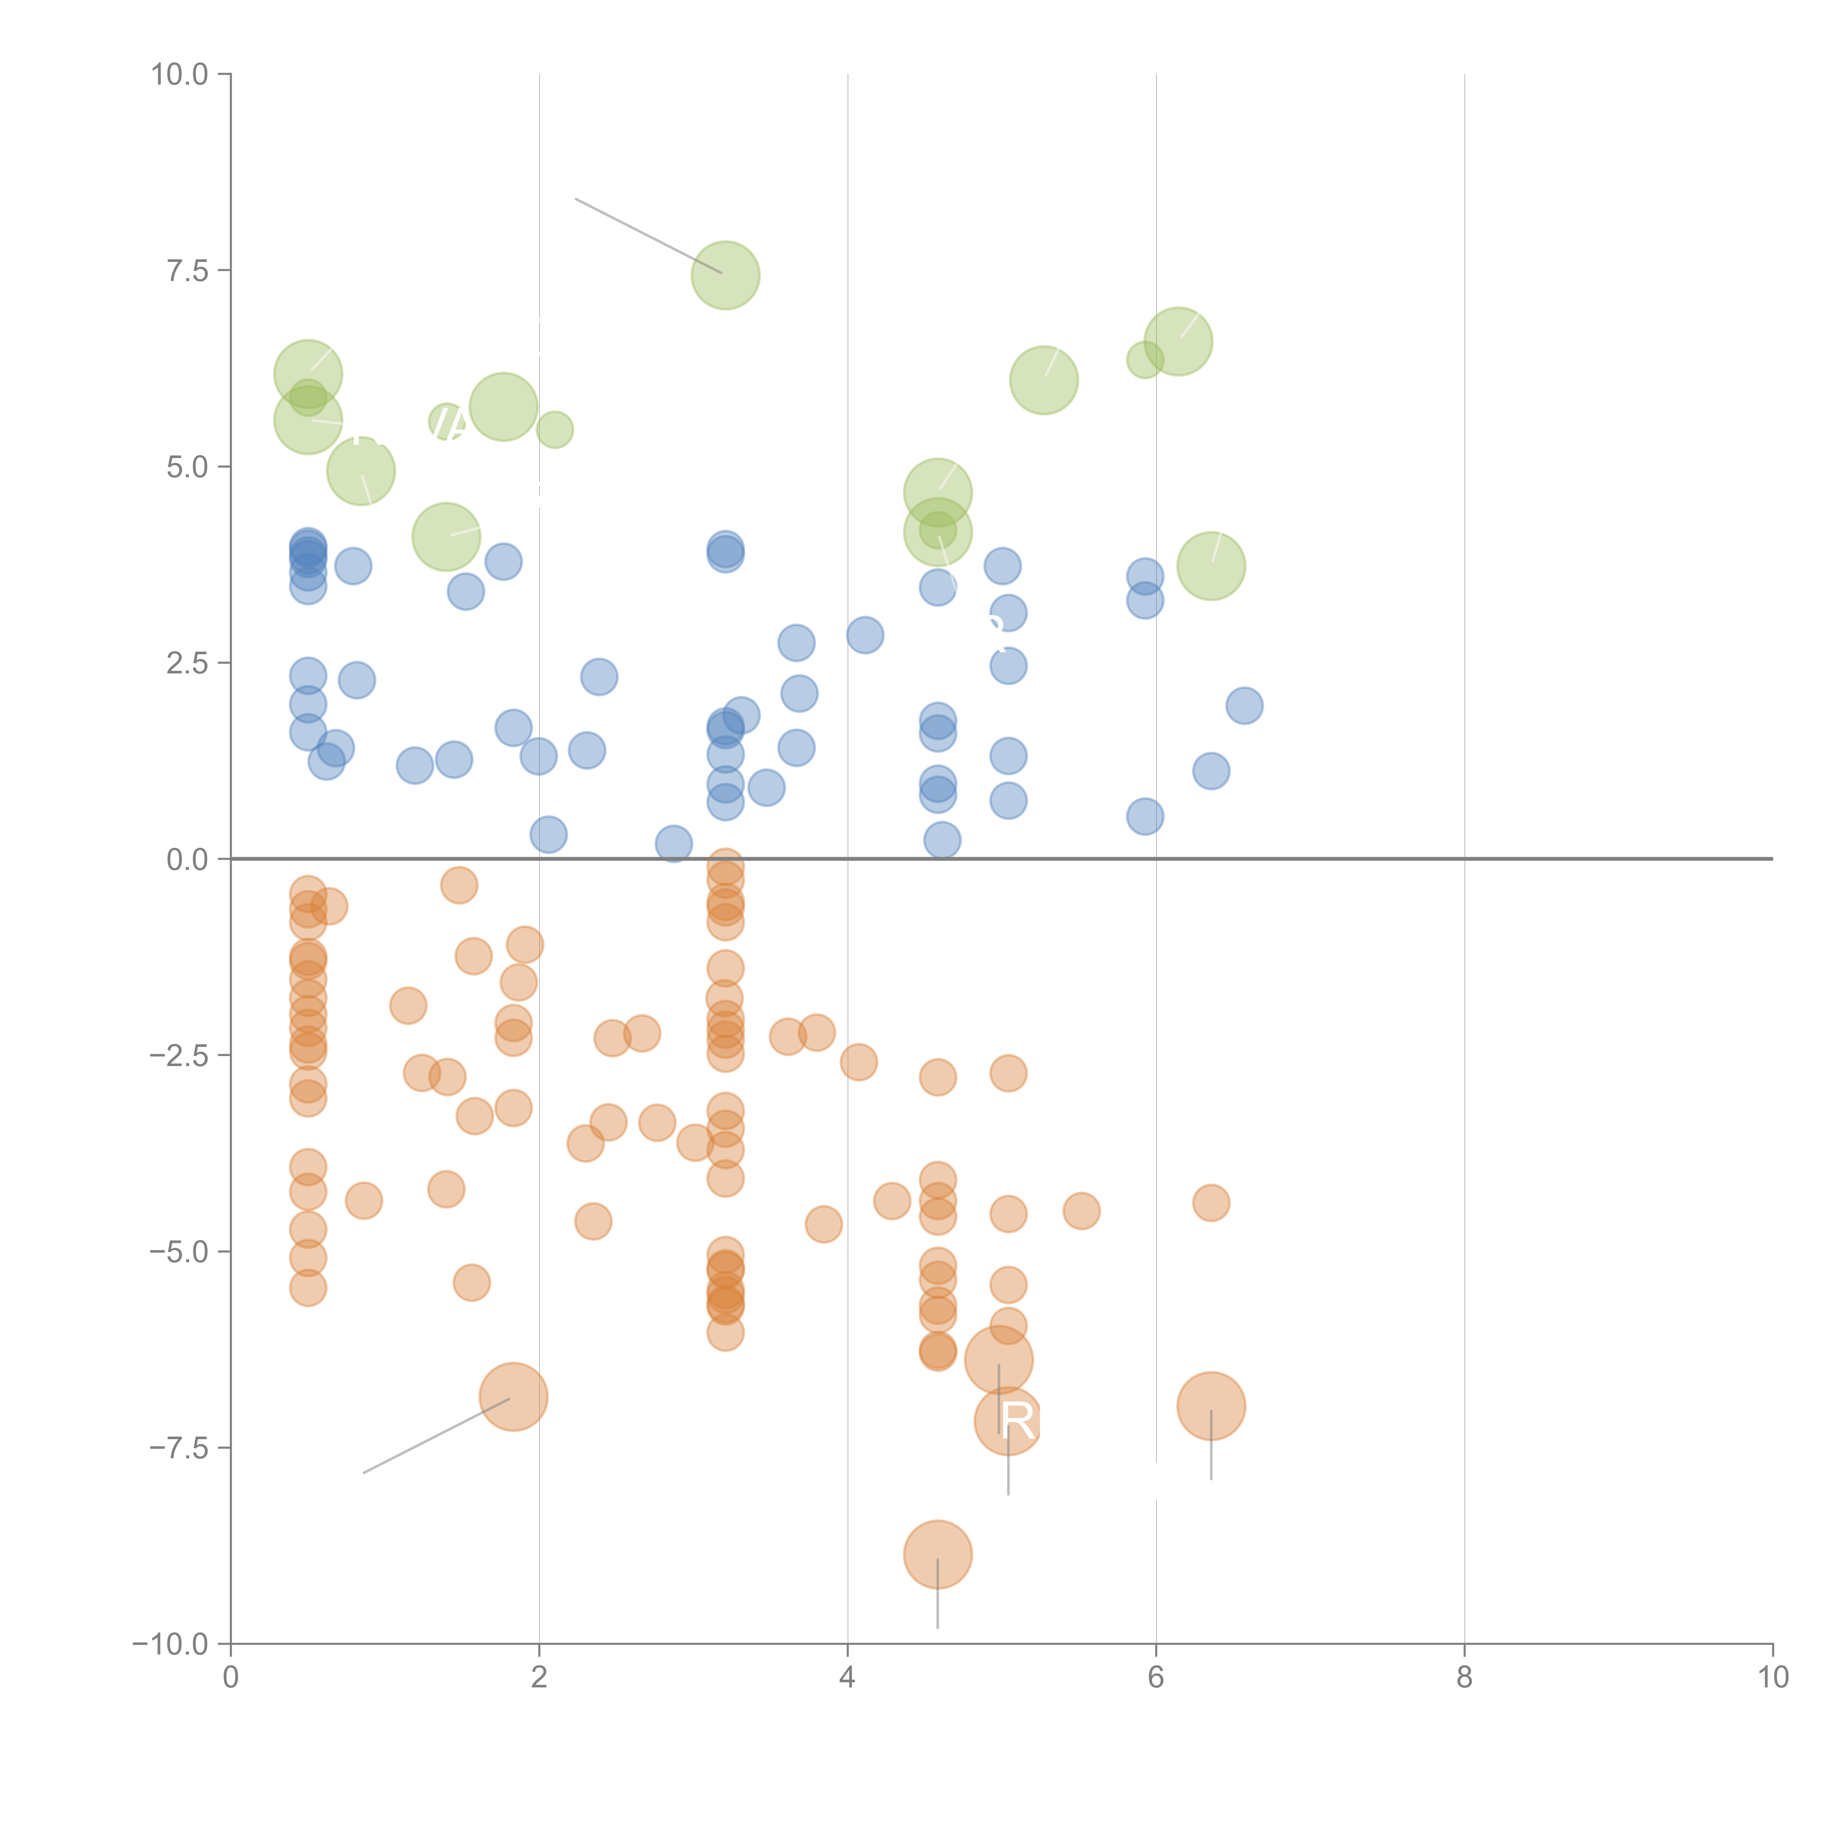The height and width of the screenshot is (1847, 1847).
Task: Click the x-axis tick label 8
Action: pyautogui.click(x=1465, y=1678)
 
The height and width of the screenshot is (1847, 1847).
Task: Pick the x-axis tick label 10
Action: pyautogui.click(x=1772, y=1678)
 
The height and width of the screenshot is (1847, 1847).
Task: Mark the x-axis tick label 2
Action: pyautogui.click(x=539, y=1678)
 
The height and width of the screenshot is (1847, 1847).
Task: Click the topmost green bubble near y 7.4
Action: pyautogui.click(x=726, y=275)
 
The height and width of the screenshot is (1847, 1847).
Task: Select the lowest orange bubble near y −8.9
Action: pyautogui.click(x=938, y=1554)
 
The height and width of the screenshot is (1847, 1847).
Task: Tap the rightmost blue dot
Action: pyautogui.click(x=1244, y=706)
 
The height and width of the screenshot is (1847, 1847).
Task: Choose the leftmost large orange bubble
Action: pyautogui.click(x=513, y=1397)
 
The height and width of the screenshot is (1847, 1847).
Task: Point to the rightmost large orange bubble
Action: pyautogui.click(x=1211, y=1405)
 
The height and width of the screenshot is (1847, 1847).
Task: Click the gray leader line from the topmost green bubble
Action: pyautogui.click(x=648, y=235)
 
